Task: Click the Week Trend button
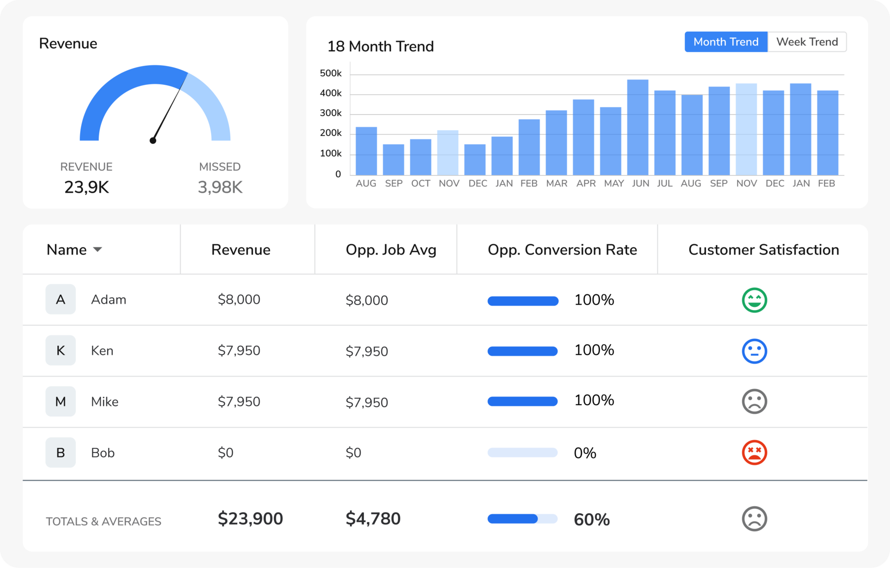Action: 806,42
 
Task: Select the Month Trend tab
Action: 725,42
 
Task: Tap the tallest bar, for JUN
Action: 637,128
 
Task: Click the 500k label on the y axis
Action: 330,74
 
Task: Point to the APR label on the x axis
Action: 585,183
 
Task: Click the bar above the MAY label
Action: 610,141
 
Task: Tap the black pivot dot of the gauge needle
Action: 153,141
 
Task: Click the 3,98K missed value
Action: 220,187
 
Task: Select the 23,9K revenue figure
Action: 87,187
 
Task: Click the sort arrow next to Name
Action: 98,250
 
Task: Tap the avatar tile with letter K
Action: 60,351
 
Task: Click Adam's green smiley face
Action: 754,300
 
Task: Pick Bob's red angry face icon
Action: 754,452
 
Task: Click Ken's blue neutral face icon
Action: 754,351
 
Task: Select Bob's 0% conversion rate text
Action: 584,453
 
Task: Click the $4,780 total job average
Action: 373,519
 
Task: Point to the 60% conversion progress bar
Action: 522,519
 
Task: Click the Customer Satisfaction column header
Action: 763,250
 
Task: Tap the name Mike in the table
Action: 104,402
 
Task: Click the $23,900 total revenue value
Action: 250,519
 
